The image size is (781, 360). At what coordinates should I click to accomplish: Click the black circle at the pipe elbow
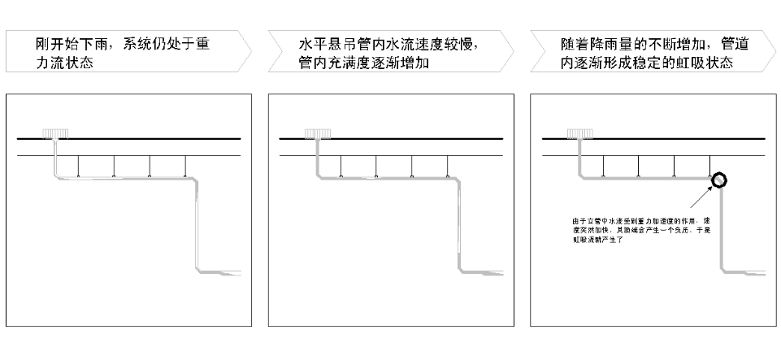coord(718,180)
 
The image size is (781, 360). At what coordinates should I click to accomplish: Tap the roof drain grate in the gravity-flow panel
coord(56,132)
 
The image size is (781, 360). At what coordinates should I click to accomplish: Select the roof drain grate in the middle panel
coord(319,132)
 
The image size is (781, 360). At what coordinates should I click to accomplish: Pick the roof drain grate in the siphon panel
coord(580,132)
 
